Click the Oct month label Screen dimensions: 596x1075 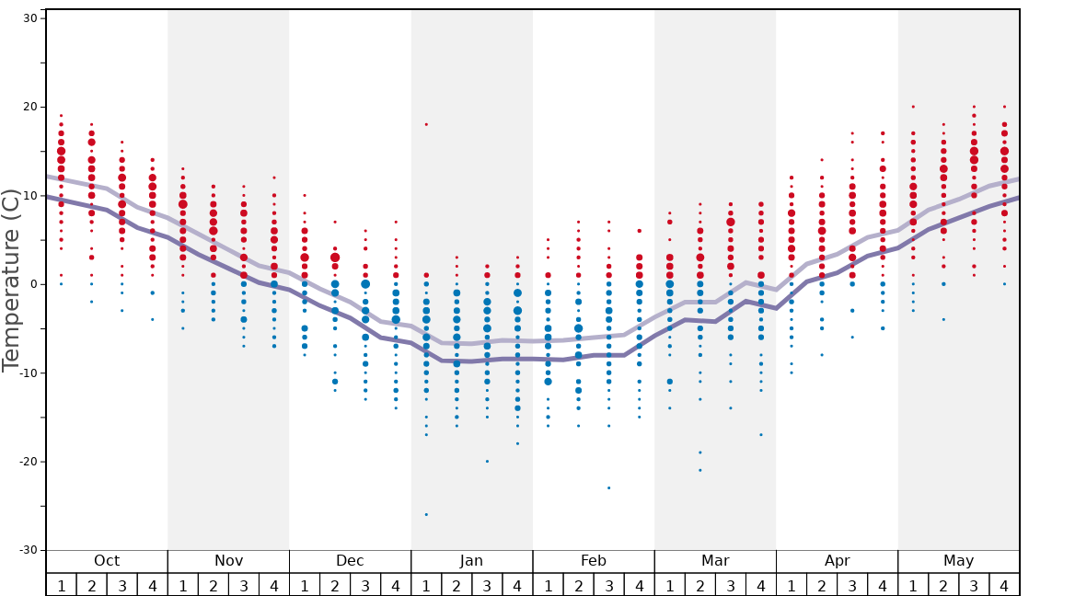[x=107, y=561]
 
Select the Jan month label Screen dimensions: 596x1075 [x=471, y=561]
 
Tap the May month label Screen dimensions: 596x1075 [x=958, y=561]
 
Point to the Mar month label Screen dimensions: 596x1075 [x=715, y=561]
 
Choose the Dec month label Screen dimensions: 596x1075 [x=350, y=561]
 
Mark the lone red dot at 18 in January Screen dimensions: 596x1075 [x=426, y=124]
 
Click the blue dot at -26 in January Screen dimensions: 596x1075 [x=426, y=514]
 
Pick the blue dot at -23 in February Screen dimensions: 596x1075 [x=608, y=487]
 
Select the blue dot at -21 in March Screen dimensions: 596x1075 [x=699, y=470]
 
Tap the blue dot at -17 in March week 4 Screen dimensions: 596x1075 [x=760, y=434]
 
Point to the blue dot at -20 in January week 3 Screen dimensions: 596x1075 [x=487, y=461]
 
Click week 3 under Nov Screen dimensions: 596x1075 [x=244, y=585]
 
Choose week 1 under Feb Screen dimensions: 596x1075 [x=548, y=585]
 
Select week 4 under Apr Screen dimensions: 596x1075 [x=883, y=585]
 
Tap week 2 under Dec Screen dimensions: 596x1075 [x=335, y=585]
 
